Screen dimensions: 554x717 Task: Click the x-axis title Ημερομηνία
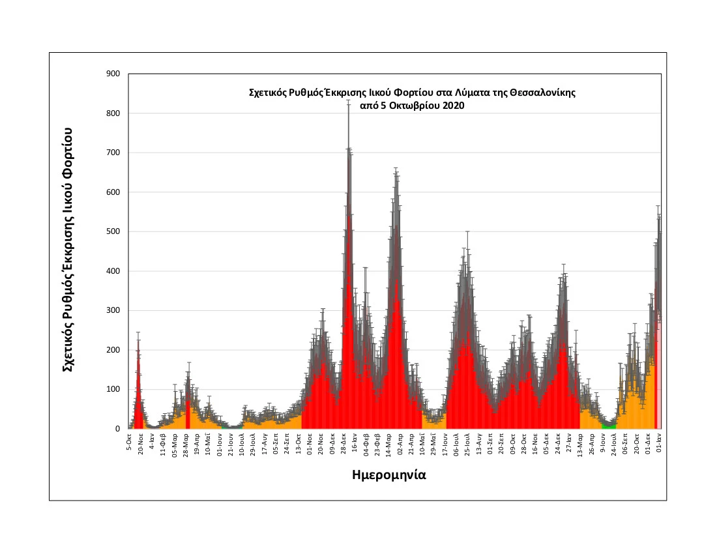coord(388,475)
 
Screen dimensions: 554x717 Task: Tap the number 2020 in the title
coord(452,106)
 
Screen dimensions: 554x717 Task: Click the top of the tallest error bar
coord(348,101)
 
